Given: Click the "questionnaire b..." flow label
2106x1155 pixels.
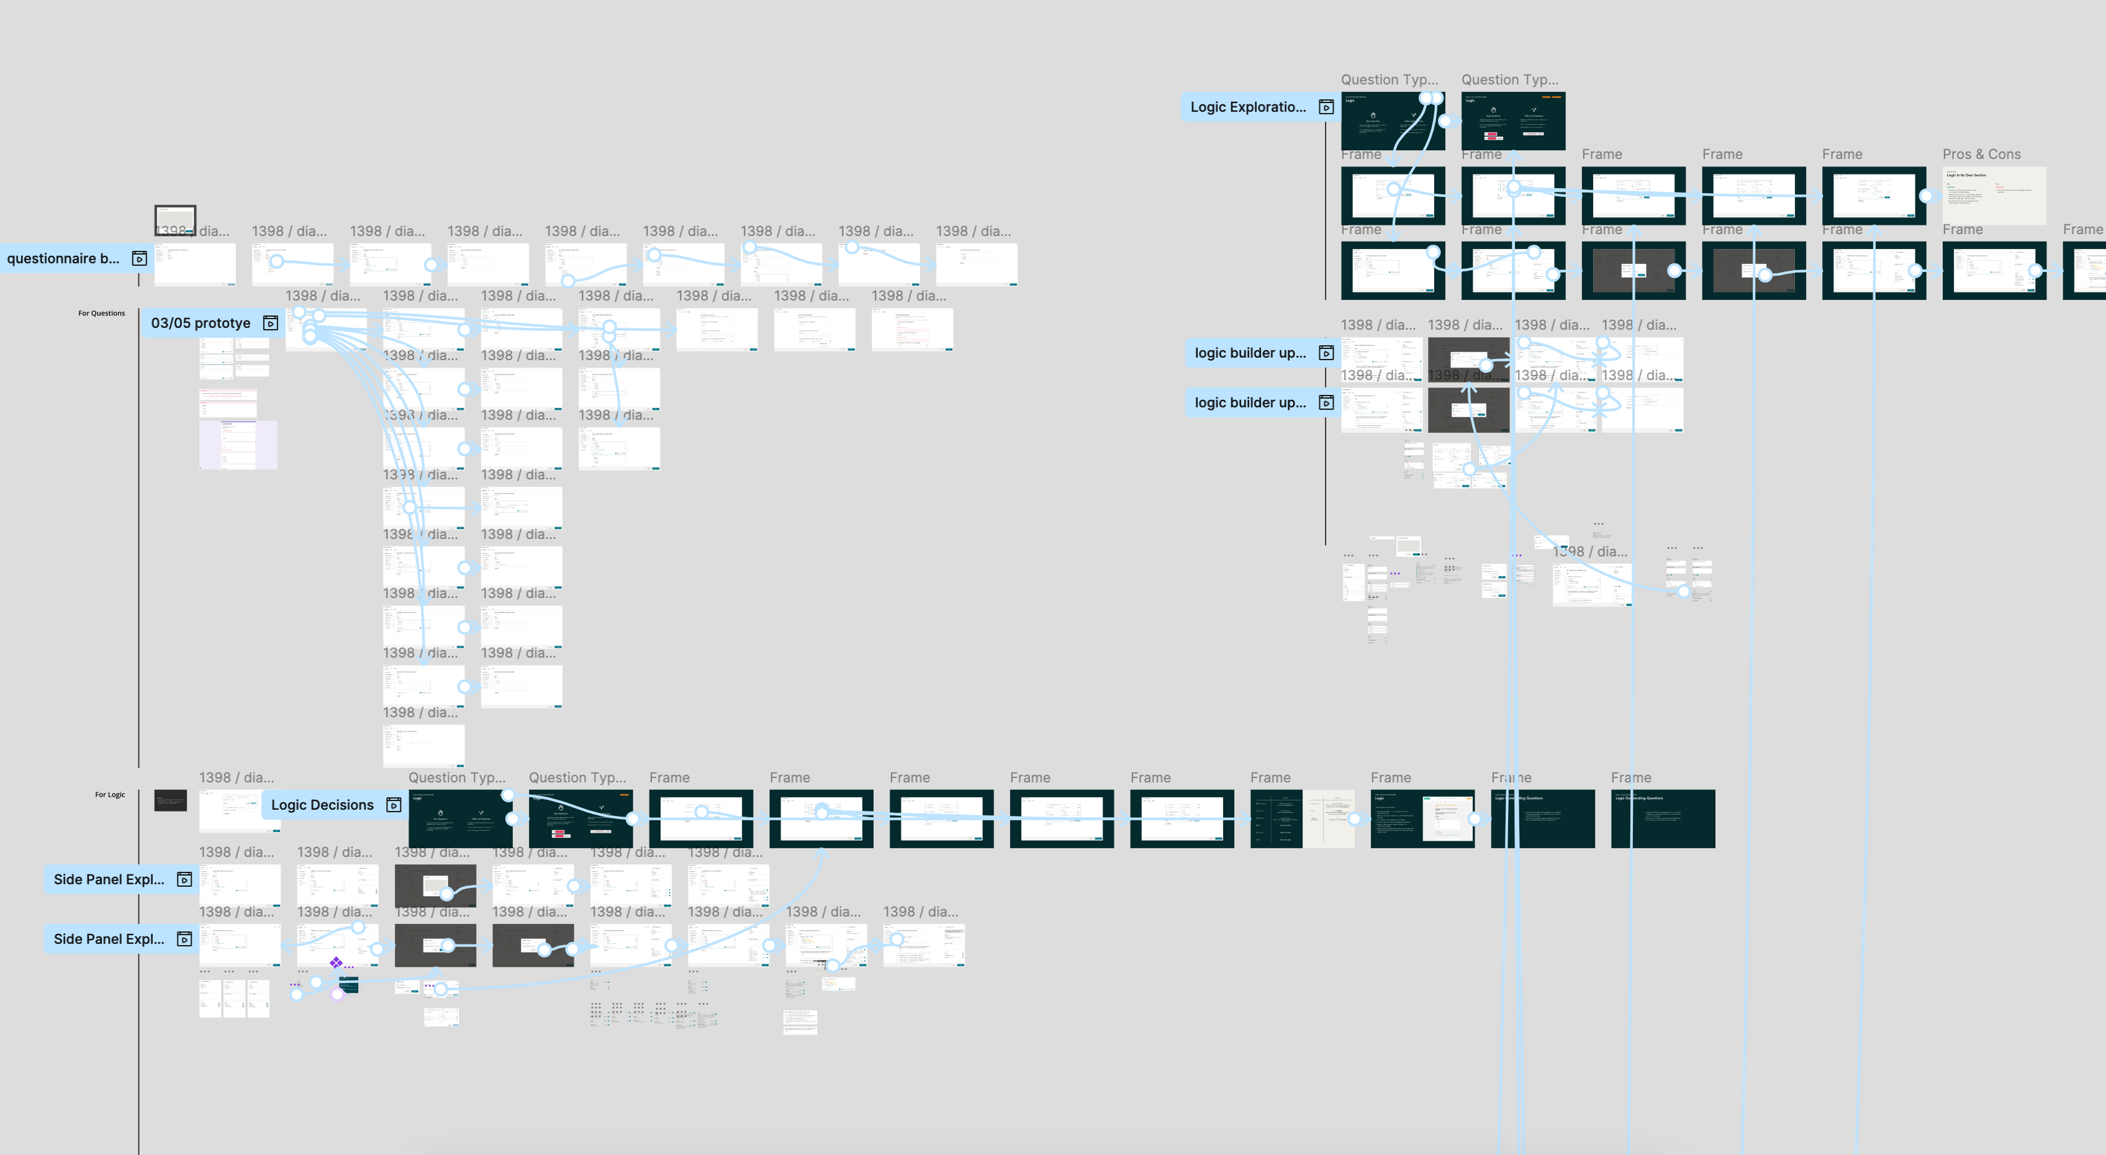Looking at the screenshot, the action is (x=63, y=259).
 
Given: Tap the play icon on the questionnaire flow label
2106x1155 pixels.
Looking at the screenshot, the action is (x=140, y=259).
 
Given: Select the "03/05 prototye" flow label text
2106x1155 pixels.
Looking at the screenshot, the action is (x=201, y=324).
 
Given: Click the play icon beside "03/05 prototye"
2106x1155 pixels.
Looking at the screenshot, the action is (x=271, y=324).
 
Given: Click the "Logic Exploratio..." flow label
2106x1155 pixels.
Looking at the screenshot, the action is (x=1247, y=107).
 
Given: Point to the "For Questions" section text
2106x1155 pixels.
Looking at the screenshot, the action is (x=101, y=313).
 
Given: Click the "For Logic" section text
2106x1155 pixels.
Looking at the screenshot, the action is (x=109, y=794).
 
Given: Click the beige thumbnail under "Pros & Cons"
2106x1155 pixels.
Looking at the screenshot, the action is (x=1995, y=196).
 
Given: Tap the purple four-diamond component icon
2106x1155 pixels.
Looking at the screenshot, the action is (x=336, y=963).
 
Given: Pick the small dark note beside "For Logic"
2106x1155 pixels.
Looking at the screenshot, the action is (x=170, y=800).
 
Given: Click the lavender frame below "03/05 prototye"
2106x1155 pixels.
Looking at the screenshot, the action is (x=238, y=445).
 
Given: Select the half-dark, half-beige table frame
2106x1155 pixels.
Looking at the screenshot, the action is (x=1301, y=818).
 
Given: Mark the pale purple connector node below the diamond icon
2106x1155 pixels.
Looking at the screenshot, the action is (x=337, y=994).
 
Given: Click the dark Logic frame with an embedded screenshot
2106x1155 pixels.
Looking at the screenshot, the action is (x=1422, y=818).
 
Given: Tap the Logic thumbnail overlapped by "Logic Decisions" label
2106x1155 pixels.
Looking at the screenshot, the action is (x=462, y=820).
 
